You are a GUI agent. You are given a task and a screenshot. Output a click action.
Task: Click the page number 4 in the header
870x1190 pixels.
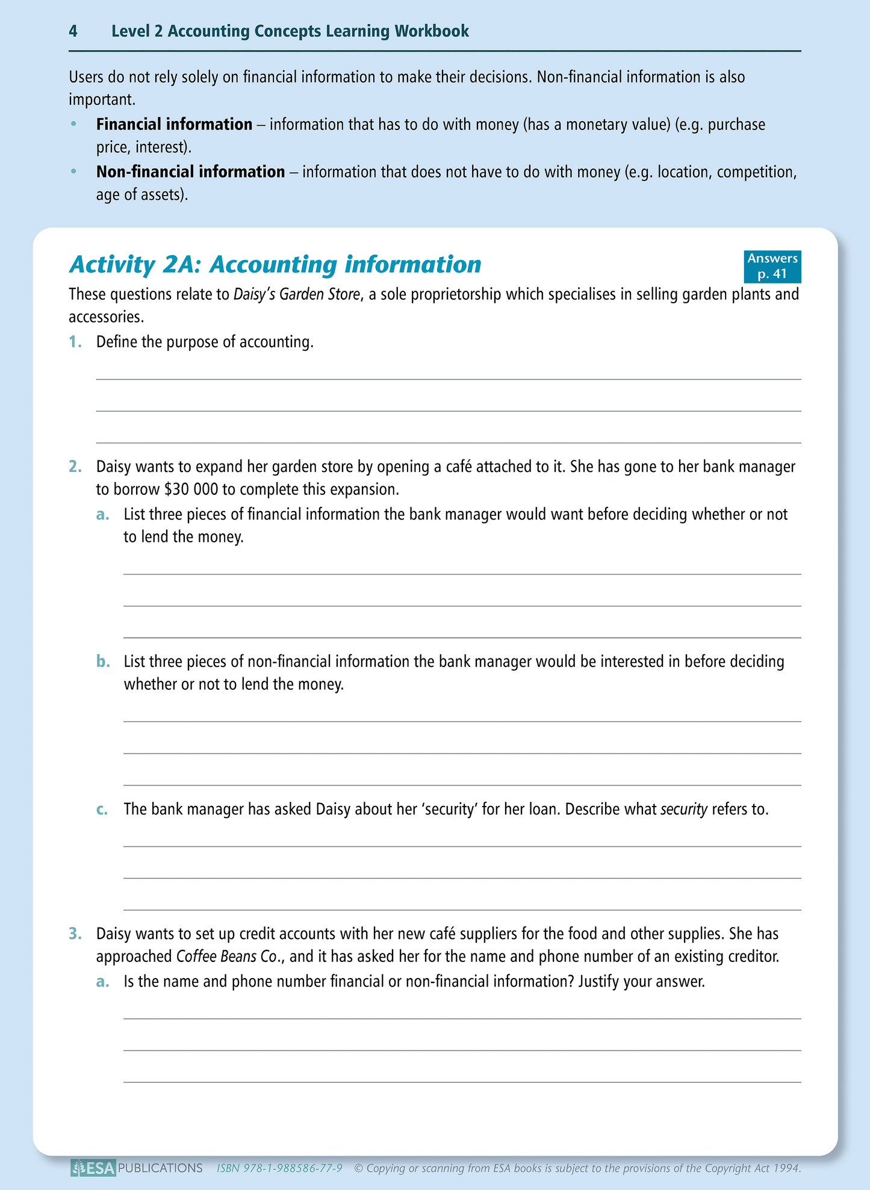(x=73, y=31)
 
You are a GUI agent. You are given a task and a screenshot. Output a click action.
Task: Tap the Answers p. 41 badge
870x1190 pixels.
(x=772, y=266)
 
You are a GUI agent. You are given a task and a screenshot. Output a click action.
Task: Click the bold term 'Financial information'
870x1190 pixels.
(x=174, y=125)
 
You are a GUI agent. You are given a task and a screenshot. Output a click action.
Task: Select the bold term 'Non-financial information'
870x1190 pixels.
(x=190, y=172)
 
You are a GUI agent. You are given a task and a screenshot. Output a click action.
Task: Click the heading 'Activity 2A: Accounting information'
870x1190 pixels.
(x=275, y=265)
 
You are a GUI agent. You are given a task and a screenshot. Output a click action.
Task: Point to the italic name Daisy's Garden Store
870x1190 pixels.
(x=296, y=294)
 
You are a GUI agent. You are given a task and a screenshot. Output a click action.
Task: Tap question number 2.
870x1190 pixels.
(x=75, y=466)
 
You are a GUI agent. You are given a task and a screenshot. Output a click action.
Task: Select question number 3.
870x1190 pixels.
(x=75, y=934)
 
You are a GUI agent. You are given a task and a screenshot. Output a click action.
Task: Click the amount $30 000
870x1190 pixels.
(x=191, y=489)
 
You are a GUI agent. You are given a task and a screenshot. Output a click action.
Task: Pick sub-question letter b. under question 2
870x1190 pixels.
(x=103, y=662)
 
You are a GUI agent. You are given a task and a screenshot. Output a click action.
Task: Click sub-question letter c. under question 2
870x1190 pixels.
(x=102, y=809)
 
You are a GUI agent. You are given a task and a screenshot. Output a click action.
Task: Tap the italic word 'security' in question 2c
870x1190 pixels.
(x=683, y=810)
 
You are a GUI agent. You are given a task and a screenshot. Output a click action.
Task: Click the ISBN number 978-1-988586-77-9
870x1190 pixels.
(x=293, y=1168)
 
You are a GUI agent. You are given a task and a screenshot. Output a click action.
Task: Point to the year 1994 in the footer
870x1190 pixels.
(x=786, y=1168)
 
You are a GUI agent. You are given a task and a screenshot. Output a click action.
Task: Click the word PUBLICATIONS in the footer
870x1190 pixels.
(x=160, y=1168)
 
